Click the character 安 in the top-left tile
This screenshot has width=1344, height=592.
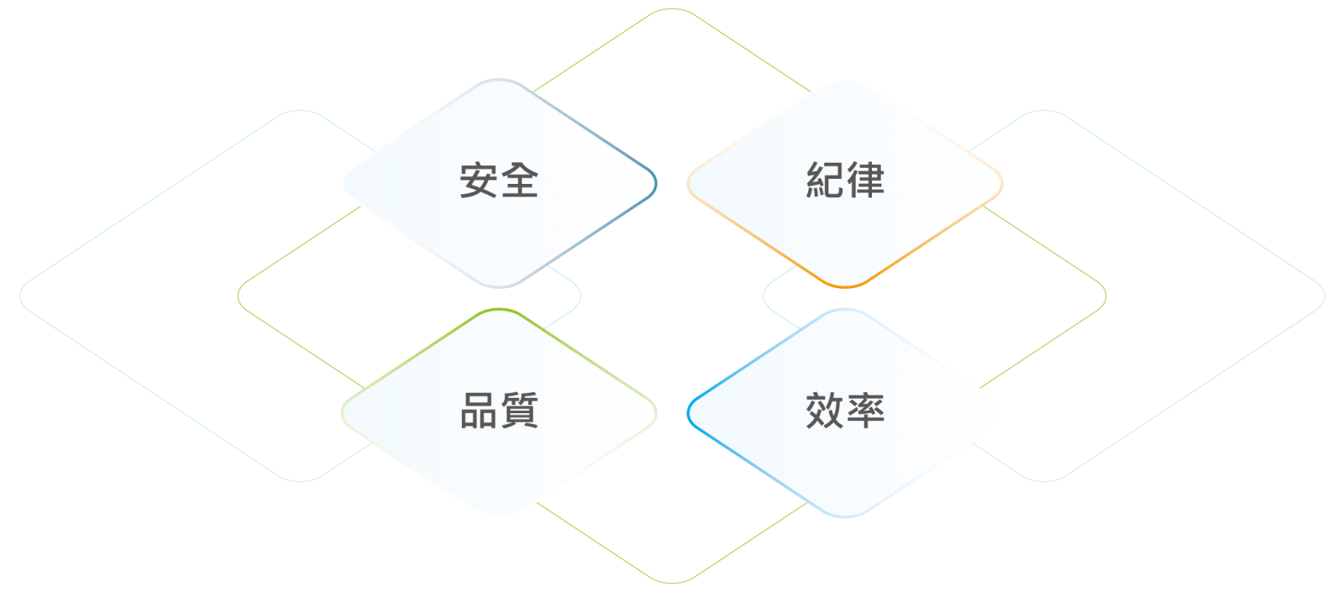[x=479, y=180]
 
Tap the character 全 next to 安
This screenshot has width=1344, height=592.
[x=520, y=180]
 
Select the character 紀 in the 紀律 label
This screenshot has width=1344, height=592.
[x=825, y=180]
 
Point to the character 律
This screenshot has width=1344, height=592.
[x=866, y=180]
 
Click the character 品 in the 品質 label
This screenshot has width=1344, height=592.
[x=479, y=411]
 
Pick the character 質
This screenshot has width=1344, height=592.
[x=520, y=411]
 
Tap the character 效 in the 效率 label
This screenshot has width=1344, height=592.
[x=825, y=411]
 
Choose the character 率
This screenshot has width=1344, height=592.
[x=866, y=411]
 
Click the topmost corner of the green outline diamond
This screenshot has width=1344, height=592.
[x=672, y=9]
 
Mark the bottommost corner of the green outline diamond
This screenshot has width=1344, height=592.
[x=672, y=582]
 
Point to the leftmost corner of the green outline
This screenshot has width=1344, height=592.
[x=239, y=296]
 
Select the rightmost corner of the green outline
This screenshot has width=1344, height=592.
[x=1105, y=296]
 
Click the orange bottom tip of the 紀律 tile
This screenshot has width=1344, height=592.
[x=845, y=286]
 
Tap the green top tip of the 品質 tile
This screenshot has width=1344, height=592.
[x=499, y=310]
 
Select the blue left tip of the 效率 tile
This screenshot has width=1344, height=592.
[x=689, y=412]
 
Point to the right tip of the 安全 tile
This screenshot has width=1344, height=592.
[x=655, y=182]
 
